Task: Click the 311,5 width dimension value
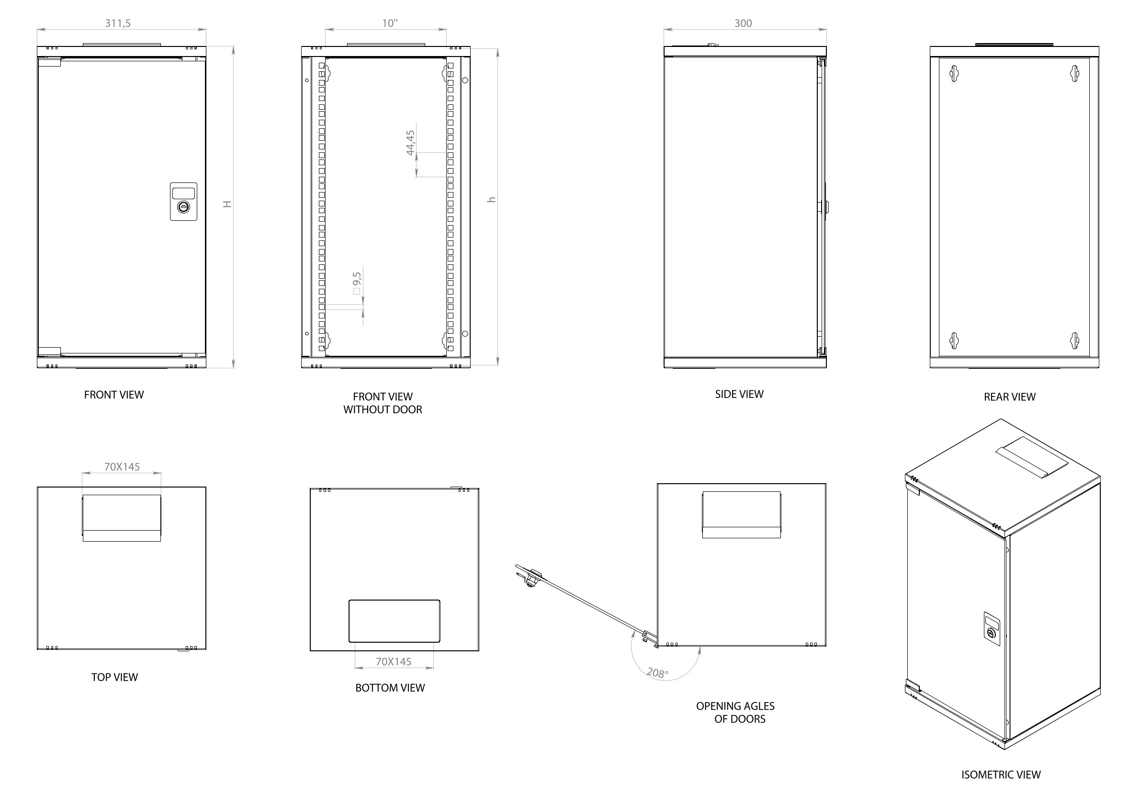point(118,23)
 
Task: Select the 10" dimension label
point(390,23)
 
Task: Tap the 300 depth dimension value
point(743,23)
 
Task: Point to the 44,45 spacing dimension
point(411,143)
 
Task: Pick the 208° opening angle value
point(657,672)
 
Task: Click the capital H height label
point(227,204)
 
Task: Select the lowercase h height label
point(492,200)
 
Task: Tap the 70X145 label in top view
point(122,467)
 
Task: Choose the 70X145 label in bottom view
point(393,661)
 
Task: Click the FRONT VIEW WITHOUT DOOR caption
point(383,403)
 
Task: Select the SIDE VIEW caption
point(739,394)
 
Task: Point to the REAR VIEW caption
point(1009,397)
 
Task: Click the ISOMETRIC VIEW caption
point(1001,775)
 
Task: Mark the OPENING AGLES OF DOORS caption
point(735,713)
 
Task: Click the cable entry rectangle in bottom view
point(394,621)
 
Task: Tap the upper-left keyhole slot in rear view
point(954,73)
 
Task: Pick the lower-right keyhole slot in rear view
point(1075,341)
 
